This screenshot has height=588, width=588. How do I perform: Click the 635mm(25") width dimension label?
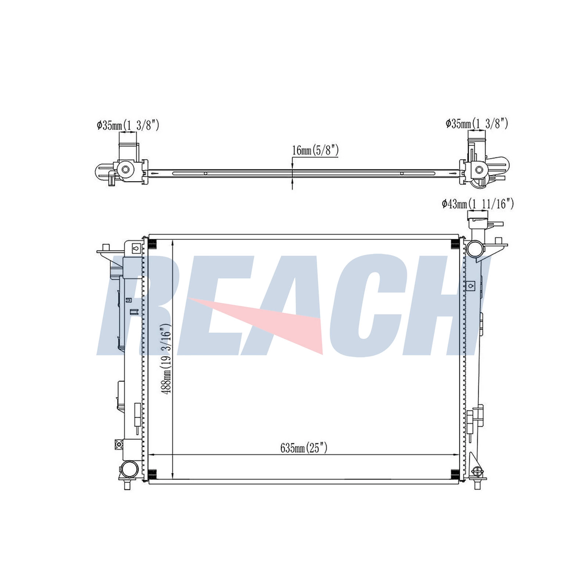click(x=304, y=448)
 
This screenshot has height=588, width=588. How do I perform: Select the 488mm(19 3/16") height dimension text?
click(x=166, y=359)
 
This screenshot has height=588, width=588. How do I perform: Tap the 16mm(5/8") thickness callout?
click(x=315, y=150)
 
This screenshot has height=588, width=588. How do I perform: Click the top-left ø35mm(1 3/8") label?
click(x=128, y=125)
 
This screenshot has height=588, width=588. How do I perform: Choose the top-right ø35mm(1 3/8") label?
click(x=477, y=124)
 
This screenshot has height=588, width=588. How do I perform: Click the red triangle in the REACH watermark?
click(x=257, y=323)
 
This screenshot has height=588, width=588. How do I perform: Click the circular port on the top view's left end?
click(x=125, y=170)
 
